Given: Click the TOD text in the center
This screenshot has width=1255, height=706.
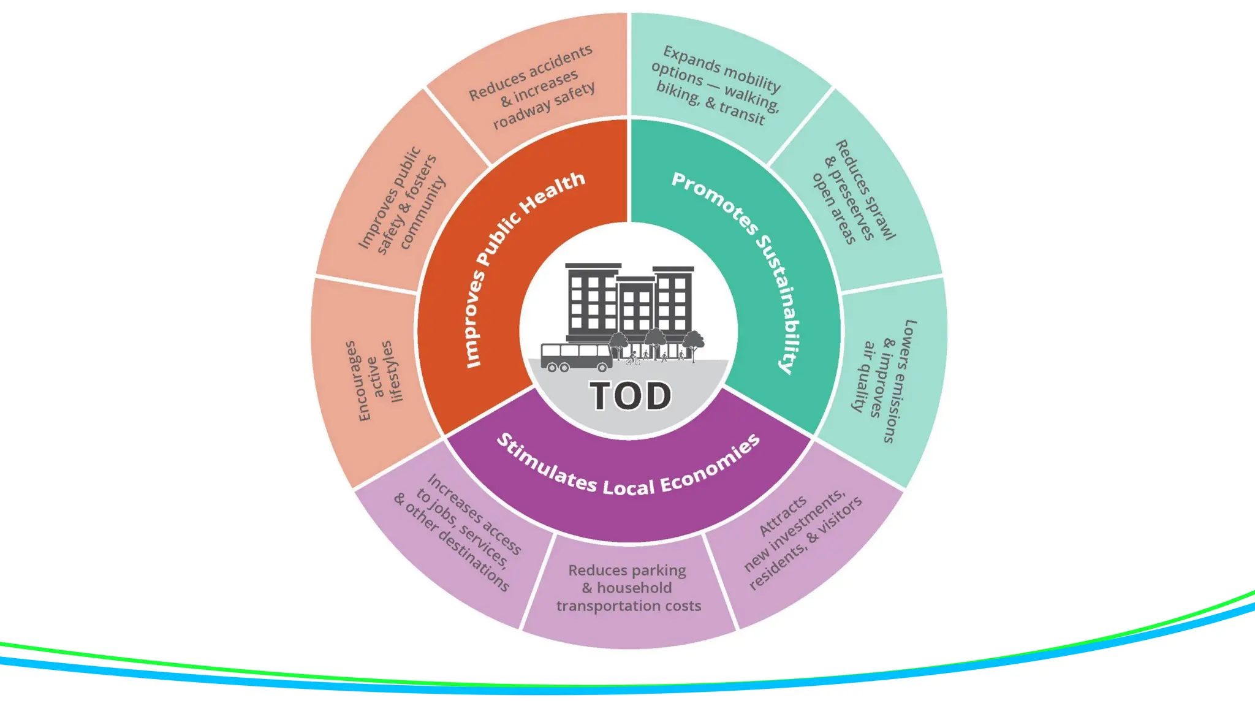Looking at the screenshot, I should (631, 396).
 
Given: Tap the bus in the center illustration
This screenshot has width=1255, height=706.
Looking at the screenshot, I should (576, 357).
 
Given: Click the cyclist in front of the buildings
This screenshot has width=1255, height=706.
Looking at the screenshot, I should (633, 360).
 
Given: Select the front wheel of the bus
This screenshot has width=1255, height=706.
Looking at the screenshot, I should (602, 368).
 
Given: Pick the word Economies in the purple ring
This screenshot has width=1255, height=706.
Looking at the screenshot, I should (711, 465).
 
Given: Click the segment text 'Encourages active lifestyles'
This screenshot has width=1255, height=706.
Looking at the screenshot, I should (374, 380).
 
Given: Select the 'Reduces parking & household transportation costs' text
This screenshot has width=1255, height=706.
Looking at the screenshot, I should (627, 588).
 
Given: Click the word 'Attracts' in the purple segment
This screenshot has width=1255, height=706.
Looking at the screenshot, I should (783, 516).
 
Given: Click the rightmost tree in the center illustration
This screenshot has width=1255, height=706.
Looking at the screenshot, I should (694, 341).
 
